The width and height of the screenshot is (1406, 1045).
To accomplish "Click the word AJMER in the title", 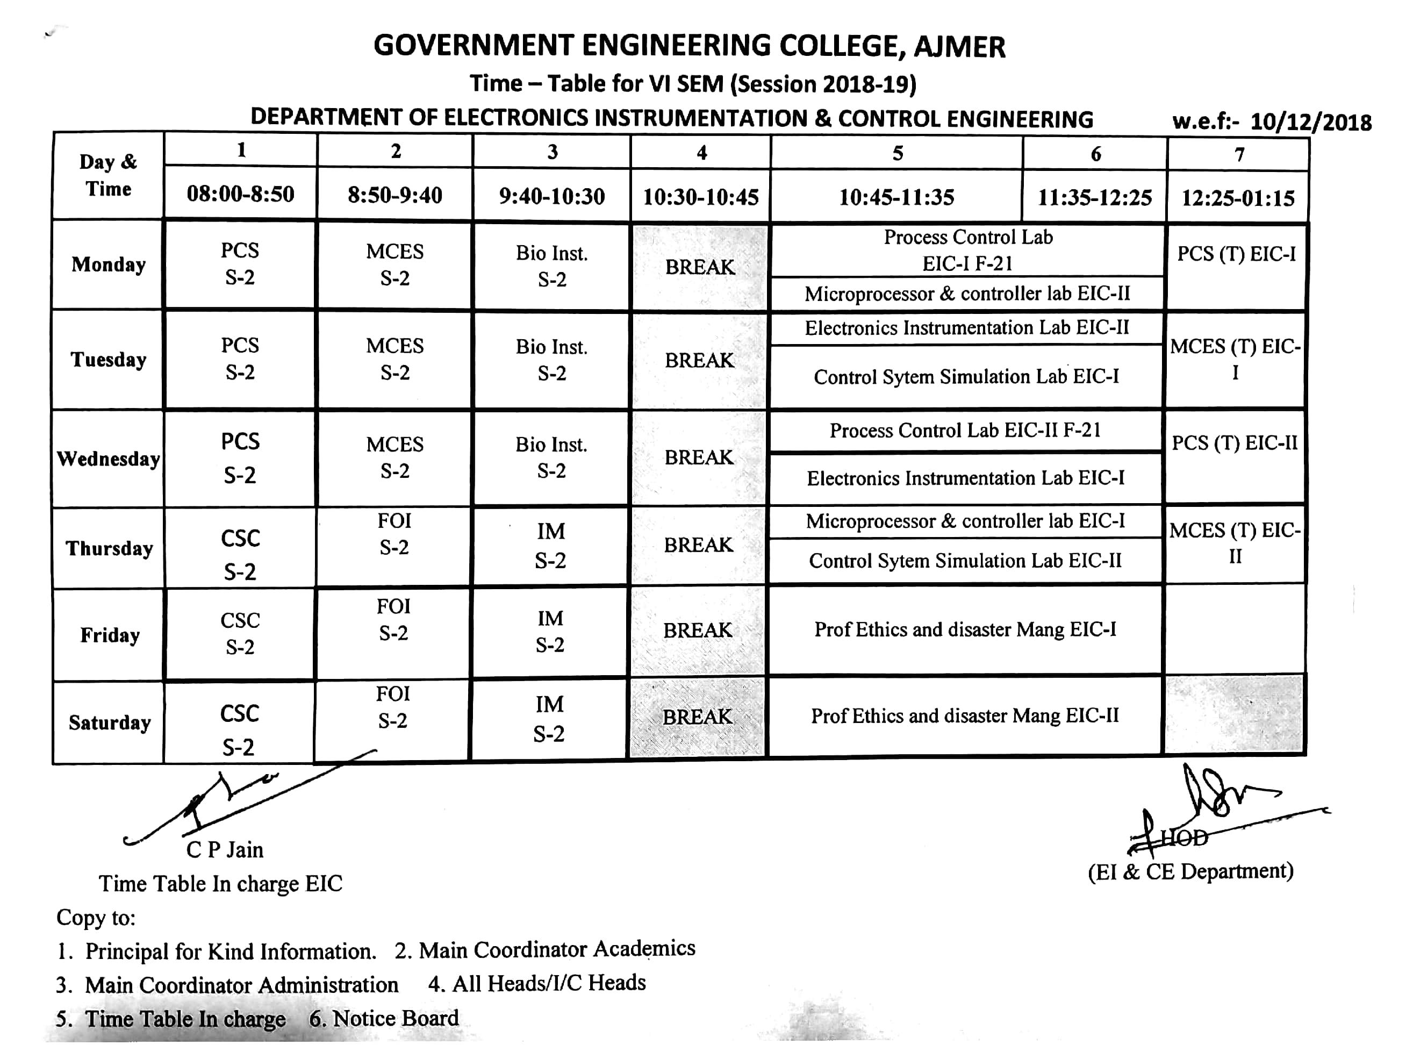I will click(959, 47).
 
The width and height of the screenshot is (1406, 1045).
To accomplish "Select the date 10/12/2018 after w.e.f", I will click(1310, 122).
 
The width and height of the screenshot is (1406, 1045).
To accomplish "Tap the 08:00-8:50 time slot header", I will click(240, 194).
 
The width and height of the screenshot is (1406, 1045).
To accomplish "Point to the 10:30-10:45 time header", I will click(701, 197).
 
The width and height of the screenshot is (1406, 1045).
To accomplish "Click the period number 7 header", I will click(1239, 154).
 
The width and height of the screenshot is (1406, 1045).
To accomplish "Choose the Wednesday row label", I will click(108, 459).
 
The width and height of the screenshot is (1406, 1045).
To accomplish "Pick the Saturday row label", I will click(110, 722).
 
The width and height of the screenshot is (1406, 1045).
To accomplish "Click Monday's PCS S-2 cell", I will click(240, 264).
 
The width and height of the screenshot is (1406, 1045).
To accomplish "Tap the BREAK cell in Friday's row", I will click(698, 630).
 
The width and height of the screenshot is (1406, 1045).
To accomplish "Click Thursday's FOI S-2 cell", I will click(394, 534).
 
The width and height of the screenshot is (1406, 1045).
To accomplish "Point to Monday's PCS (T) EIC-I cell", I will click(1236, 254).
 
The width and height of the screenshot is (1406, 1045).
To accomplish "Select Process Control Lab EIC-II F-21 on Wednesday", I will click(965, 430).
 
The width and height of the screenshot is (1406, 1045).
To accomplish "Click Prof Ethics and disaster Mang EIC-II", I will click(965, 715).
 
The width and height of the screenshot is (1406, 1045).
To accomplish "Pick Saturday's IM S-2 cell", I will click(549, 719).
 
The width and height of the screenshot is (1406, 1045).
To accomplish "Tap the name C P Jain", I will click(225, 849).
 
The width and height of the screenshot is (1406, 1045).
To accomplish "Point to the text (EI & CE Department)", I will click(1190, 872).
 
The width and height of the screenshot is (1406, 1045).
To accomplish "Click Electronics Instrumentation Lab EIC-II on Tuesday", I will click(966, 328).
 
